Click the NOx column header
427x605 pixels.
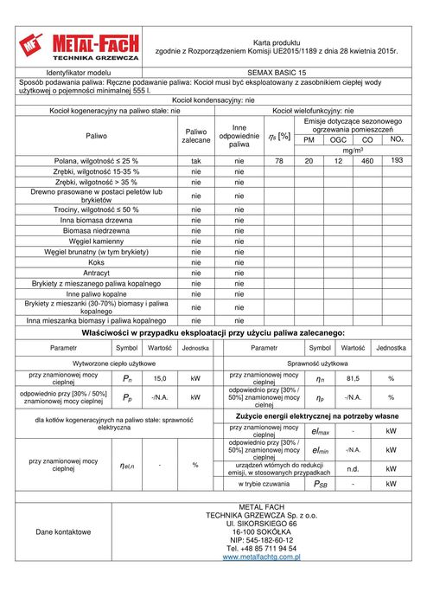click(x=396, y=138)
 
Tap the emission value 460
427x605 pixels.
click(x=367, y=161)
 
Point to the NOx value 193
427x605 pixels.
click(x=397, y=160)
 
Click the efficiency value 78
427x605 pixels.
click(x=278, y=161)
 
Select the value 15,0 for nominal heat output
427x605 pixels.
click(x=159, y=378)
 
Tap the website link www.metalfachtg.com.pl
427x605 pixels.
click(x=261, y=557)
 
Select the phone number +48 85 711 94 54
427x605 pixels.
click(x=261, y=548)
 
